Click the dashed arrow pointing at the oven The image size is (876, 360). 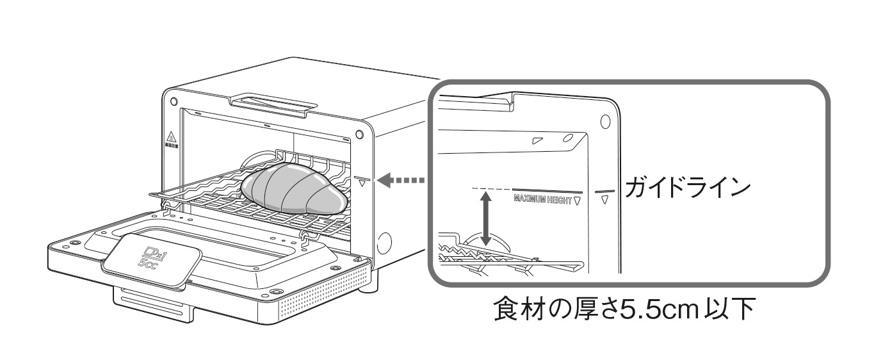click(x=401, y=181)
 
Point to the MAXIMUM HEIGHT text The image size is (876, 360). click(x=544, y=200)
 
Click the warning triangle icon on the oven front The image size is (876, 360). click(x=171, y=137)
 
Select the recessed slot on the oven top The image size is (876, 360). click(x=274, y=102)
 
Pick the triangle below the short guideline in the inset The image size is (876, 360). click(x=605, y=201)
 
